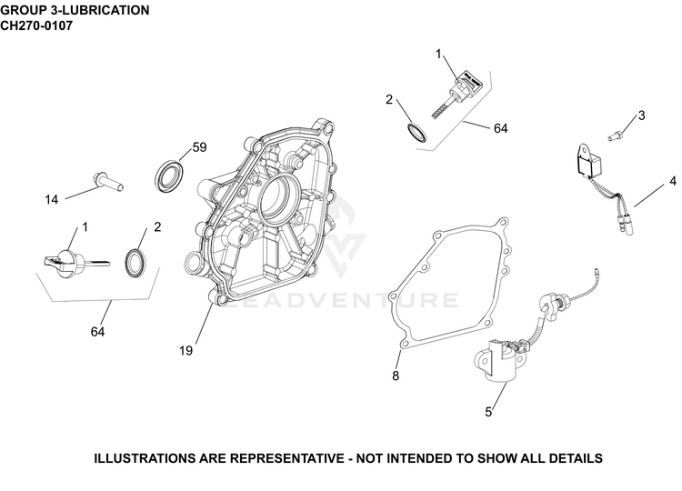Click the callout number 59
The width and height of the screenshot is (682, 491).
[x=199, y=147]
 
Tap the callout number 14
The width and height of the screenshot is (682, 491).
[x=51, y=200]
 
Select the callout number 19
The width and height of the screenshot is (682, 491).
[x=186, y=351]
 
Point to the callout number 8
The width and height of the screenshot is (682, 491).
[x=396, y=376]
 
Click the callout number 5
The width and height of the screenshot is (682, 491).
[x=488, y=412]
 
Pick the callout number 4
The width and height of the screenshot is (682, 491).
[x=673, y=181]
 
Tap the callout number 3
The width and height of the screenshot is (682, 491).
[x=642, y=115]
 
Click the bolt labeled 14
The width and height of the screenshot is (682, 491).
[x=108, y=181]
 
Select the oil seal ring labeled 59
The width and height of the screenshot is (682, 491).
[x=169, y=176]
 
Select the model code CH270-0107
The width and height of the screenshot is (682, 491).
[x=36, y=25]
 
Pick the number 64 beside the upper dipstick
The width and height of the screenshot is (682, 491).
[x=501, y=128]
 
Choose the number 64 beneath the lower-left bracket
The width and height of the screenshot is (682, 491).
[x=97, y=332]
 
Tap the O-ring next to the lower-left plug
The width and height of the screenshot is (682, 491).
[x=135, y=263]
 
